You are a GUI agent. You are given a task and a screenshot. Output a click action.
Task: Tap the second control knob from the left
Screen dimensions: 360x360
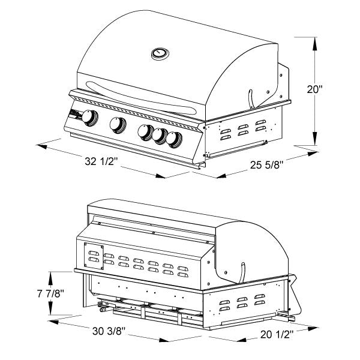coord(117,124)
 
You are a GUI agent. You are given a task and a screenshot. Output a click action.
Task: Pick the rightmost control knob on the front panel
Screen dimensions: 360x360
coord(174,139)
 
